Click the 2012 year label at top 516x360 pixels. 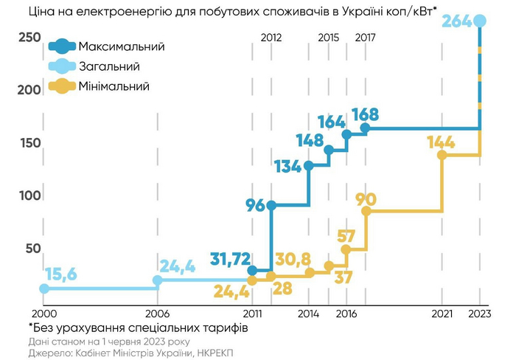pos(271,36)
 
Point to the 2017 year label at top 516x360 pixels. pos(365,36)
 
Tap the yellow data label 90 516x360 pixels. pos(366,199)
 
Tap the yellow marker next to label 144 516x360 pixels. pos(442,155)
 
